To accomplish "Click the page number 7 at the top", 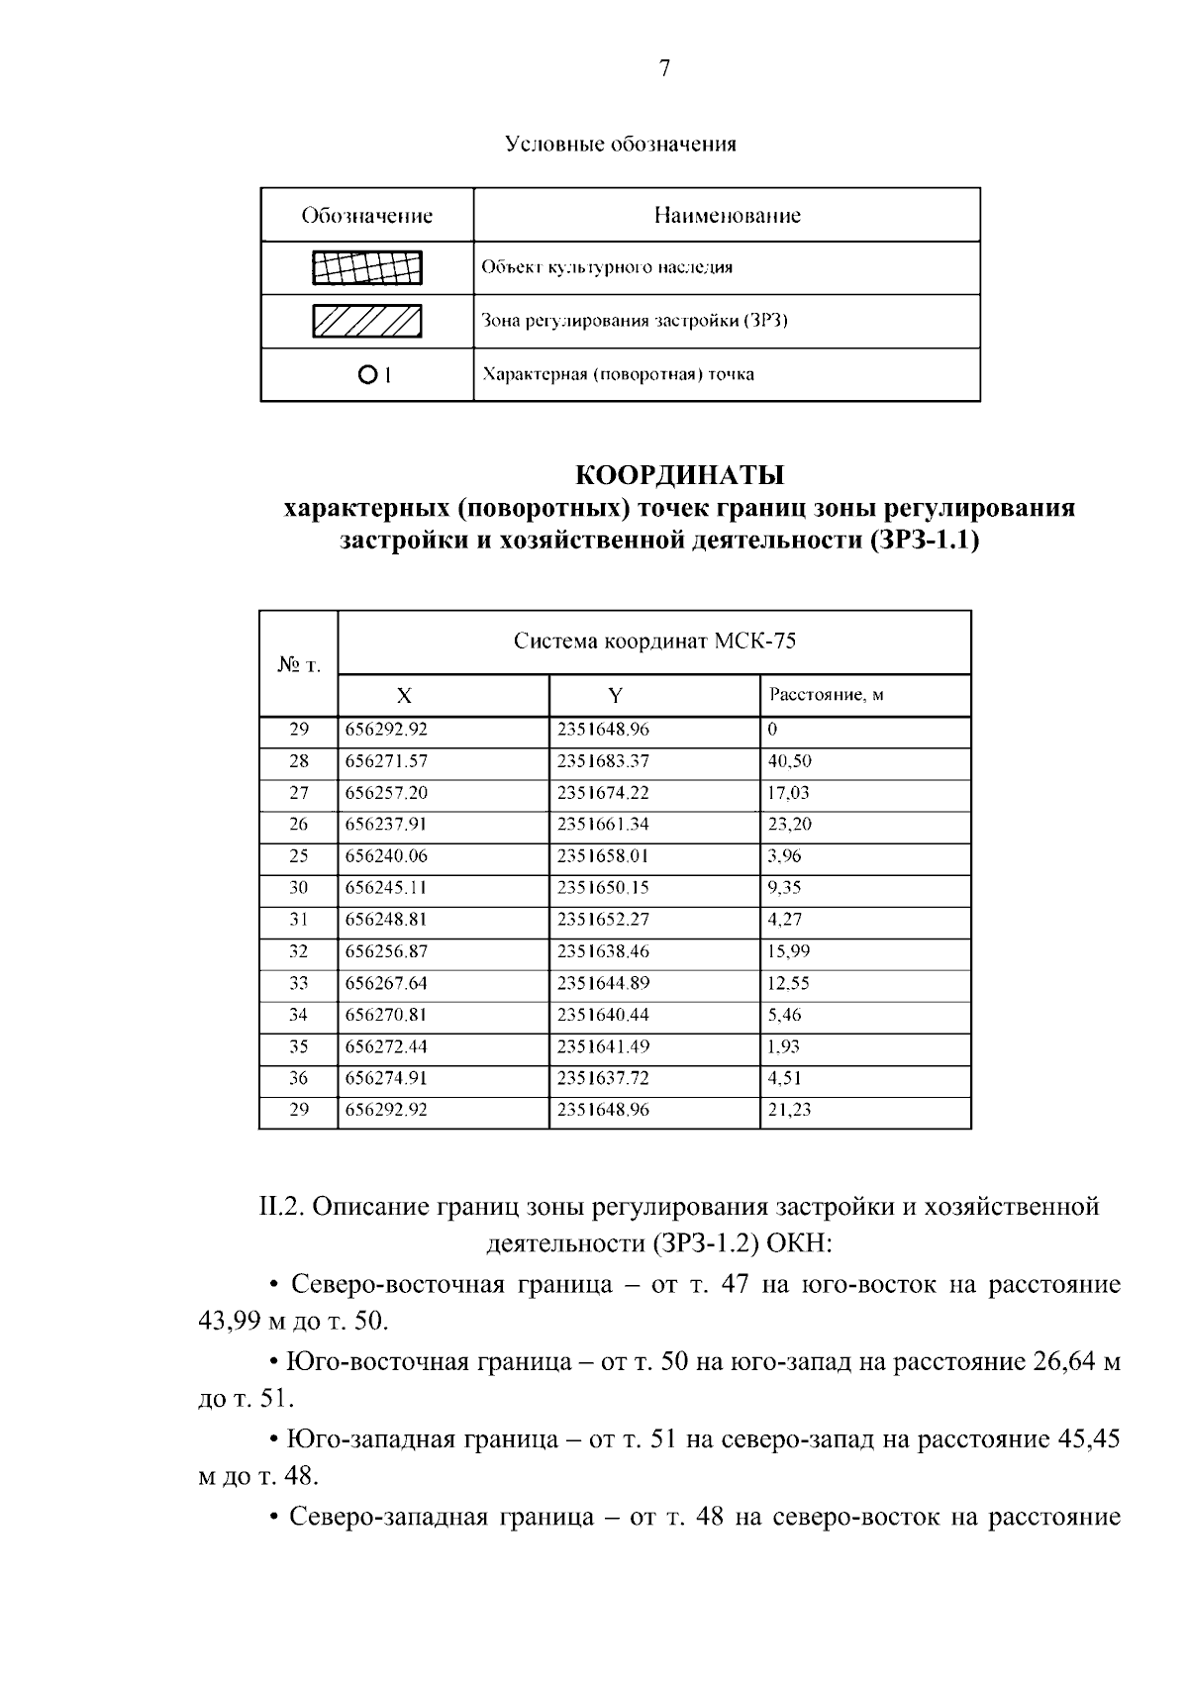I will [664, 68].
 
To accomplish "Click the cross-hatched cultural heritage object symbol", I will [367, 268].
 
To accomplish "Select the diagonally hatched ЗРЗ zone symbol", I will [367, 322].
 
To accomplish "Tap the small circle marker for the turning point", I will [366, 375].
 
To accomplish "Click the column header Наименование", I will [727, 216].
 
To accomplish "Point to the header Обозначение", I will [367, 216].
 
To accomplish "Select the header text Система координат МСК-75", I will [654, 642].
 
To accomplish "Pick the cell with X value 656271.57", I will [386, 761].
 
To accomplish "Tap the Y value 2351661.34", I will [603, 825].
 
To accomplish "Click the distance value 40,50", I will [789, 761].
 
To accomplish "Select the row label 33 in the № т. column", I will [299, 983].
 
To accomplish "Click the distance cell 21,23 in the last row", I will [789, 1110].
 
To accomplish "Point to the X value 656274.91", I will [386, 1078].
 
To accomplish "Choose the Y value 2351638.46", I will [603, 951].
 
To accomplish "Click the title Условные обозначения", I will [621, 145].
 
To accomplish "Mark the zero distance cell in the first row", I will [772, 730].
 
